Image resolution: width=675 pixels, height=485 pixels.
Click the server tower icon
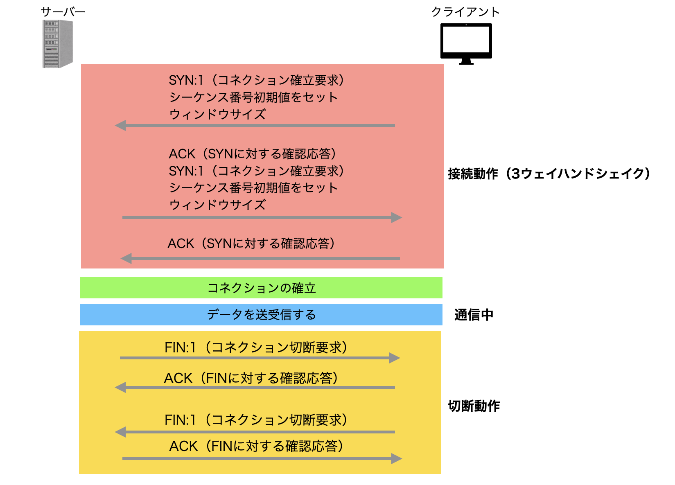pyautogui.click(x=57, y=44)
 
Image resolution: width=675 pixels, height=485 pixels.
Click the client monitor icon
pyautogui.click(x=466, y=43)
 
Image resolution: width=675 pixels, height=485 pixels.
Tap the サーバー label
pyautogui.click(x=63, y=12)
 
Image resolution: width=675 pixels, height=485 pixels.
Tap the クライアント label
pyautogui.click(x=465, y=12)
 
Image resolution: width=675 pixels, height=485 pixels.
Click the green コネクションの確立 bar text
pyautogui.click(x=262, y=288)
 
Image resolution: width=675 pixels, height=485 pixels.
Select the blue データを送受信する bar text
pyautogui.click(x=262, y=315)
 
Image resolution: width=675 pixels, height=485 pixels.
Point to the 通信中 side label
pyautogui.click(x=474, y=315)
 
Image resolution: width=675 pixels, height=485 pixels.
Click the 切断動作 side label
pyautogui.click(x=474, y=406)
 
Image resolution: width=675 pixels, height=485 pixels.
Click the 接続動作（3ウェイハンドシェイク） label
pyautogui.click(x=549, y=174)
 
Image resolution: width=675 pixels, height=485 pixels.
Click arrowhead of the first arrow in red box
pyautogui.click(x=120, y=125)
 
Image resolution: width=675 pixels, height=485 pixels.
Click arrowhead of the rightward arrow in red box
pyautogui.click(x=396, y=217)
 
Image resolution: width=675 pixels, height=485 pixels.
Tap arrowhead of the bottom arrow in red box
pyautogui.click(x=126, y=258)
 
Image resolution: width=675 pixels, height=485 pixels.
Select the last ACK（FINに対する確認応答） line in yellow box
pyautogui.click(x=256, y=446)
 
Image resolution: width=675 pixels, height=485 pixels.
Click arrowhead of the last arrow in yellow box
pyautogui.click(x=396, y=458)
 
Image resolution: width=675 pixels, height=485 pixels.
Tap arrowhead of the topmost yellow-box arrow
pyautogui.click(x=394, y=358)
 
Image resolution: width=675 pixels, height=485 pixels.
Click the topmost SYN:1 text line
pyautogui.click(x=256, y=80)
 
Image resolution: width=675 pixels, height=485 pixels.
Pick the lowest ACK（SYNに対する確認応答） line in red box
pyautogui.click(x=251, y=244)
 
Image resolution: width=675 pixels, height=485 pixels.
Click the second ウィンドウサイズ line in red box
pyautogui.click(x=217, y=204)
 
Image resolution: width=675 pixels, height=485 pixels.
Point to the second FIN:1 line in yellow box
pyautogui.click(x=256, y=420)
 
